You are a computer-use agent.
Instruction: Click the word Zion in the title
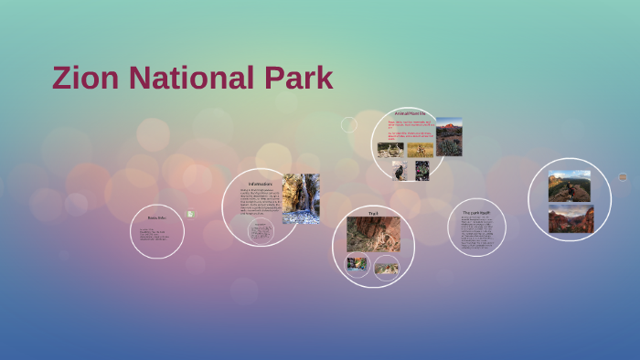coord(86,79)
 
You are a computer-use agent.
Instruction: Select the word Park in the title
coord(297,79)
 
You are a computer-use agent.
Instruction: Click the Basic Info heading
coord(157,217)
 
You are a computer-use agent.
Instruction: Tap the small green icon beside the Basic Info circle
coord(190,214)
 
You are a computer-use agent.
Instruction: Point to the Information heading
coord(261,184)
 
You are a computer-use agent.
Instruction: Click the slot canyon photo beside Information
coord(301,198)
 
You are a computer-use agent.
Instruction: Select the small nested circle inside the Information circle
coord(261,230)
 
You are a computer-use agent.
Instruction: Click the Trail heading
coord(373,213)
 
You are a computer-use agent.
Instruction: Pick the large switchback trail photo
coord(373,234)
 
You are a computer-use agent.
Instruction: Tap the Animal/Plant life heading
coord(409,112)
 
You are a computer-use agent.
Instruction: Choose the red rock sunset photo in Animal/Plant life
coord(449,136)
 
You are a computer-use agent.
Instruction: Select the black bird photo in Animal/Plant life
coord(399,171)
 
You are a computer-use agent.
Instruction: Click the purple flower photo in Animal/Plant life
coord(422,171)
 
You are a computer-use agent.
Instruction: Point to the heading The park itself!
coord(476,213)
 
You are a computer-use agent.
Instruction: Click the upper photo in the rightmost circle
coord(570,185)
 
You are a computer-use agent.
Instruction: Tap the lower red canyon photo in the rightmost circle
coord(571,218)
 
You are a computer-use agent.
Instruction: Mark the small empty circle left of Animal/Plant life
coord(348,124)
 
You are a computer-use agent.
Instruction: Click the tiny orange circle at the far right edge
coord(623,177)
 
